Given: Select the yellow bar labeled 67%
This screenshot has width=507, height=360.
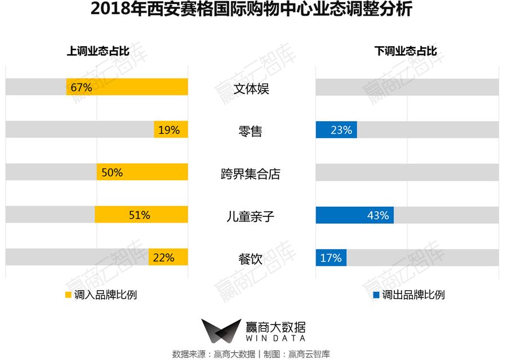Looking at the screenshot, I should coord(127,87).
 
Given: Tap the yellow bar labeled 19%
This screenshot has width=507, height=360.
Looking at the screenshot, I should coord(171,130).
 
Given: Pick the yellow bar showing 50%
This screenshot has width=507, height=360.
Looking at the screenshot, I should coord(142,172).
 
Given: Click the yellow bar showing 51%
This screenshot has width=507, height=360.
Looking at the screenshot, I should coord(141,215).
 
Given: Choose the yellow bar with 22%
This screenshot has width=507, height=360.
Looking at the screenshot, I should coord(168,258).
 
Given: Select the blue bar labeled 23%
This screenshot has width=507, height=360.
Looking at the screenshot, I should coord(336,130).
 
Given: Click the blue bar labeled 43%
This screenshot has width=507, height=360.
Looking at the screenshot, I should coord(354,215).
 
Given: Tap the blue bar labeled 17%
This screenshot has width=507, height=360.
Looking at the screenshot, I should coord(331,258).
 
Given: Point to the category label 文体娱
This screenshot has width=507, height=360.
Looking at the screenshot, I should coord(250,89).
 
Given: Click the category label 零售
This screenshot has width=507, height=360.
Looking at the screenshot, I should coord(250,131).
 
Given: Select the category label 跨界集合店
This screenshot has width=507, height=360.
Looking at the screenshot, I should coord(250,174).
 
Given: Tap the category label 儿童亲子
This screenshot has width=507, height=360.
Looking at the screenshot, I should coord(250,216).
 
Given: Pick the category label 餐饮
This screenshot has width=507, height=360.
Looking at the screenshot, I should coord(250,259).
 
